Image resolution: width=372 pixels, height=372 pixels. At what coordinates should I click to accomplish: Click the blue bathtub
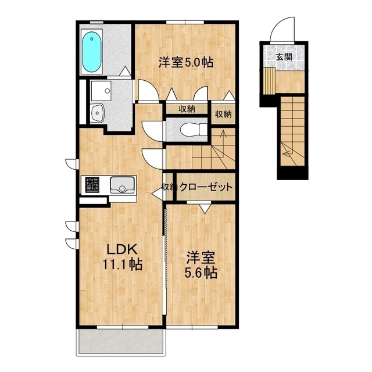(x=92, y=52)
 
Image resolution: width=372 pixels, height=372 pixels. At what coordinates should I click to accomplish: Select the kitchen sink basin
(x=122, y=185)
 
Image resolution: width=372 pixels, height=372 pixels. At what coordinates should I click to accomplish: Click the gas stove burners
(x=92, y=185)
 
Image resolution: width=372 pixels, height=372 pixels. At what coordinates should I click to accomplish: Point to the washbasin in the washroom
(x=98, y=113)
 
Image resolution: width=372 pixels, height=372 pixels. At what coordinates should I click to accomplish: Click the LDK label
(x=122, y=249)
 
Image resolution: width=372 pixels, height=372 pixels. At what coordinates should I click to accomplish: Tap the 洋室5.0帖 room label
(x=186, y=62)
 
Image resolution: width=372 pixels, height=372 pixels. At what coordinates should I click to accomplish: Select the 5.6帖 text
(x=201, y=273)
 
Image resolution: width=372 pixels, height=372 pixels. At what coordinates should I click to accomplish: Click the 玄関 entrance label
(x=284, y=57)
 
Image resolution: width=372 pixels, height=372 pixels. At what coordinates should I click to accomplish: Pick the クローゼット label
(x=206, y=187)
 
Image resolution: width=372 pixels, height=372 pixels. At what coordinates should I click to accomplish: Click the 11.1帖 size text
(x=122, y=264)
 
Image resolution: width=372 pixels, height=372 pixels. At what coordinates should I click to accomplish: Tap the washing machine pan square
(x=101, y=91)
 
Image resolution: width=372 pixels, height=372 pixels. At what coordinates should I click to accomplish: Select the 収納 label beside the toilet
(x=223, y=115)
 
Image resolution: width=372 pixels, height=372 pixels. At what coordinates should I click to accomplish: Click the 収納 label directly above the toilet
(x=187, y=109)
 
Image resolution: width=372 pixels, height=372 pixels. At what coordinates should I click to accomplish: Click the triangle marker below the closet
(x=205, y=209)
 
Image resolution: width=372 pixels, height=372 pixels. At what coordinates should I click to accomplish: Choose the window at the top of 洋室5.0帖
(x=185, y=22)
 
